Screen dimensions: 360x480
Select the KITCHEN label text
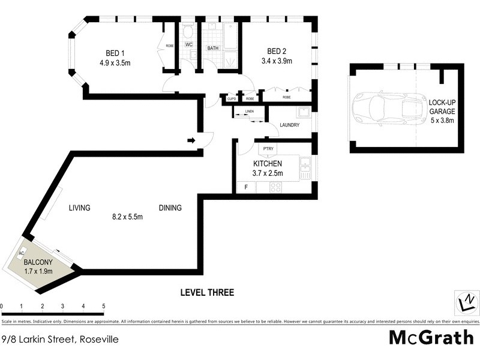point(268,163)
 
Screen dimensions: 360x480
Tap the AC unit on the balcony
point(22,253)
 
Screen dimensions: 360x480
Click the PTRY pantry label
point(267,149)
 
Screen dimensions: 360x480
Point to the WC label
point(188,45)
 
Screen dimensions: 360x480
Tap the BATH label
point(213,47)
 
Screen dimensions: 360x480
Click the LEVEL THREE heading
point(207,293)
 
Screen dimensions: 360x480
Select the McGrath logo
point(431,337)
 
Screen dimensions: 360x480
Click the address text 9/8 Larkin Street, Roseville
point(59,339)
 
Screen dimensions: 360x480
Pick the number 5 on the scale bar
point(104,306)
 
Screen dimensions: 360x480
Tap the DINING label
point(170,208)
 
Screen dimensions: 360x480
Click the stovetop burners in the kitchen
point(276,187)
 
